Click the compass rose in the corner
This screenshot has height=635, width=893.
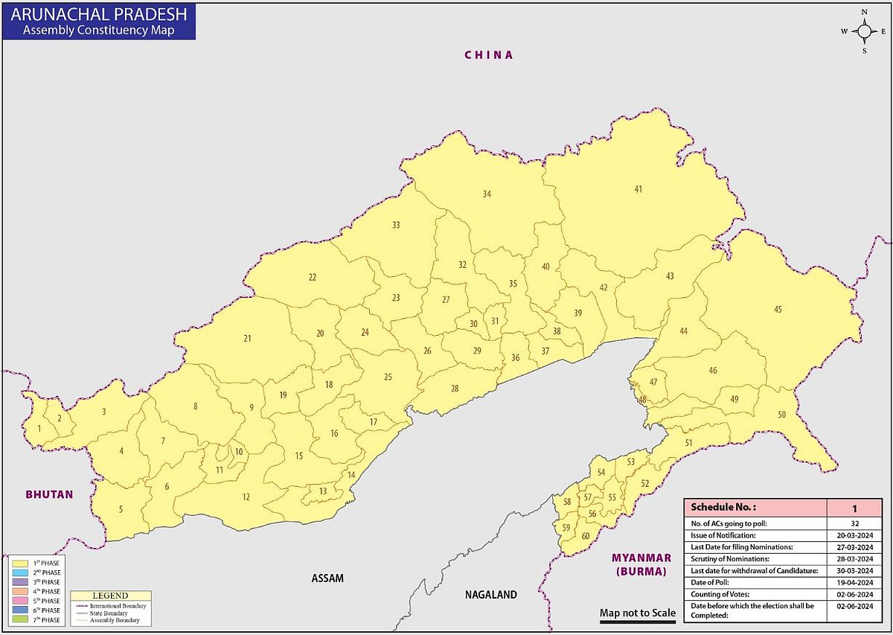click(864, 31)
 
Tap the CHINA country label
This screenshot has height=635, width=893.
click(489, 55)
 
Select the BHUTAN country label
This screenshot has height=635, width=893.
click(49, 494)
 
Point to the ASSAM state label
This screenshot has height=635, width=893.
click(328, 578)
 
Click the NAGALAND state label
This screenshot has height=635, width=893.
click(490, 595)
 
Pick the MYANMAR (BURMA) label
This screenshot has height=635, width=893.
click(641, 564)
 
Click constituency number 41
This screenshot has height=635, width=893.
click(638, 189)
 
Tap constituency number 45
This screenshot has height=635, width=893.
click(778, 309)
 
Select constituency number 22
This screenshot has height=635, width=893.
click(313, 278)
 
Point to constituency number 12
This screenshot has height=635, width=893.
click(246, 497)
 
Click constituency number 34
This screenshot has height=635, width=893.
click(487, 194)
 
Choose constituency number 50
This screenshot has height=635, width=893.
click(781, 415)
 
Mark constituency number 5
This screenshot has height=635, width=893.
click(121, 510)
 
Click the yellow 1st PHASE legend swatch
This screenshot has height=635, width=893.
click(21, 563)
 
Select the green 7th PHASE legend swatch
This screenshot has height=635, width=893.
click(21, 619)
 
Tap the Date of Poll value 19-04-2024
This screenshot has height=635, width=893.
click(854, 581)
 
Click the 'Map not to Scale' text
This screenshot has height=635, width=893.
click(638, 613)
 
